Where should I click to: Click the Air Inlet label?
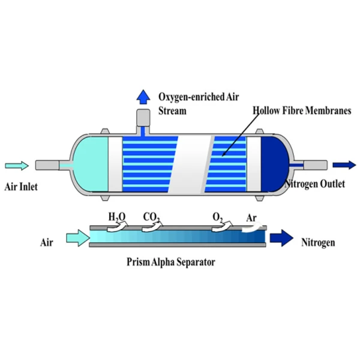point(21,187)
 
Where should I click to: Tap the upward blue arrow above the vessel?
point(143,96)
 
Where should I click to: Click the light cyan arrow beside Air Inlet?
point(16,165)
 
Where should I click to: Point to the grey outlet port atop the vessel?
point(143,117)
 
